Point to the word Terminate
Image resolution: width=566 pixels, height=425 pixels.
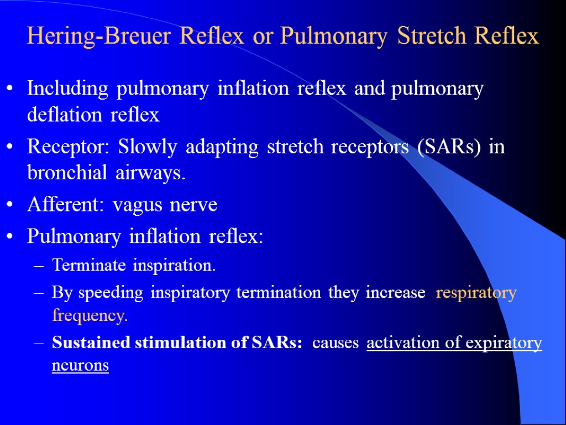[x=80, y=266]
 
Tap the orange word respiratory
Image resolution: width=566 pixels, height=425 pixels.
[x=476, y=293]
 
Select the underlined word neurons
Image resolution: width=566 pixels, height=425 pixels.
[x=80, y=366]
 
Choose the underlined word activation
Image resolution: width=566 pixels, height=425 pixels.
[x=404, y=343]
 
